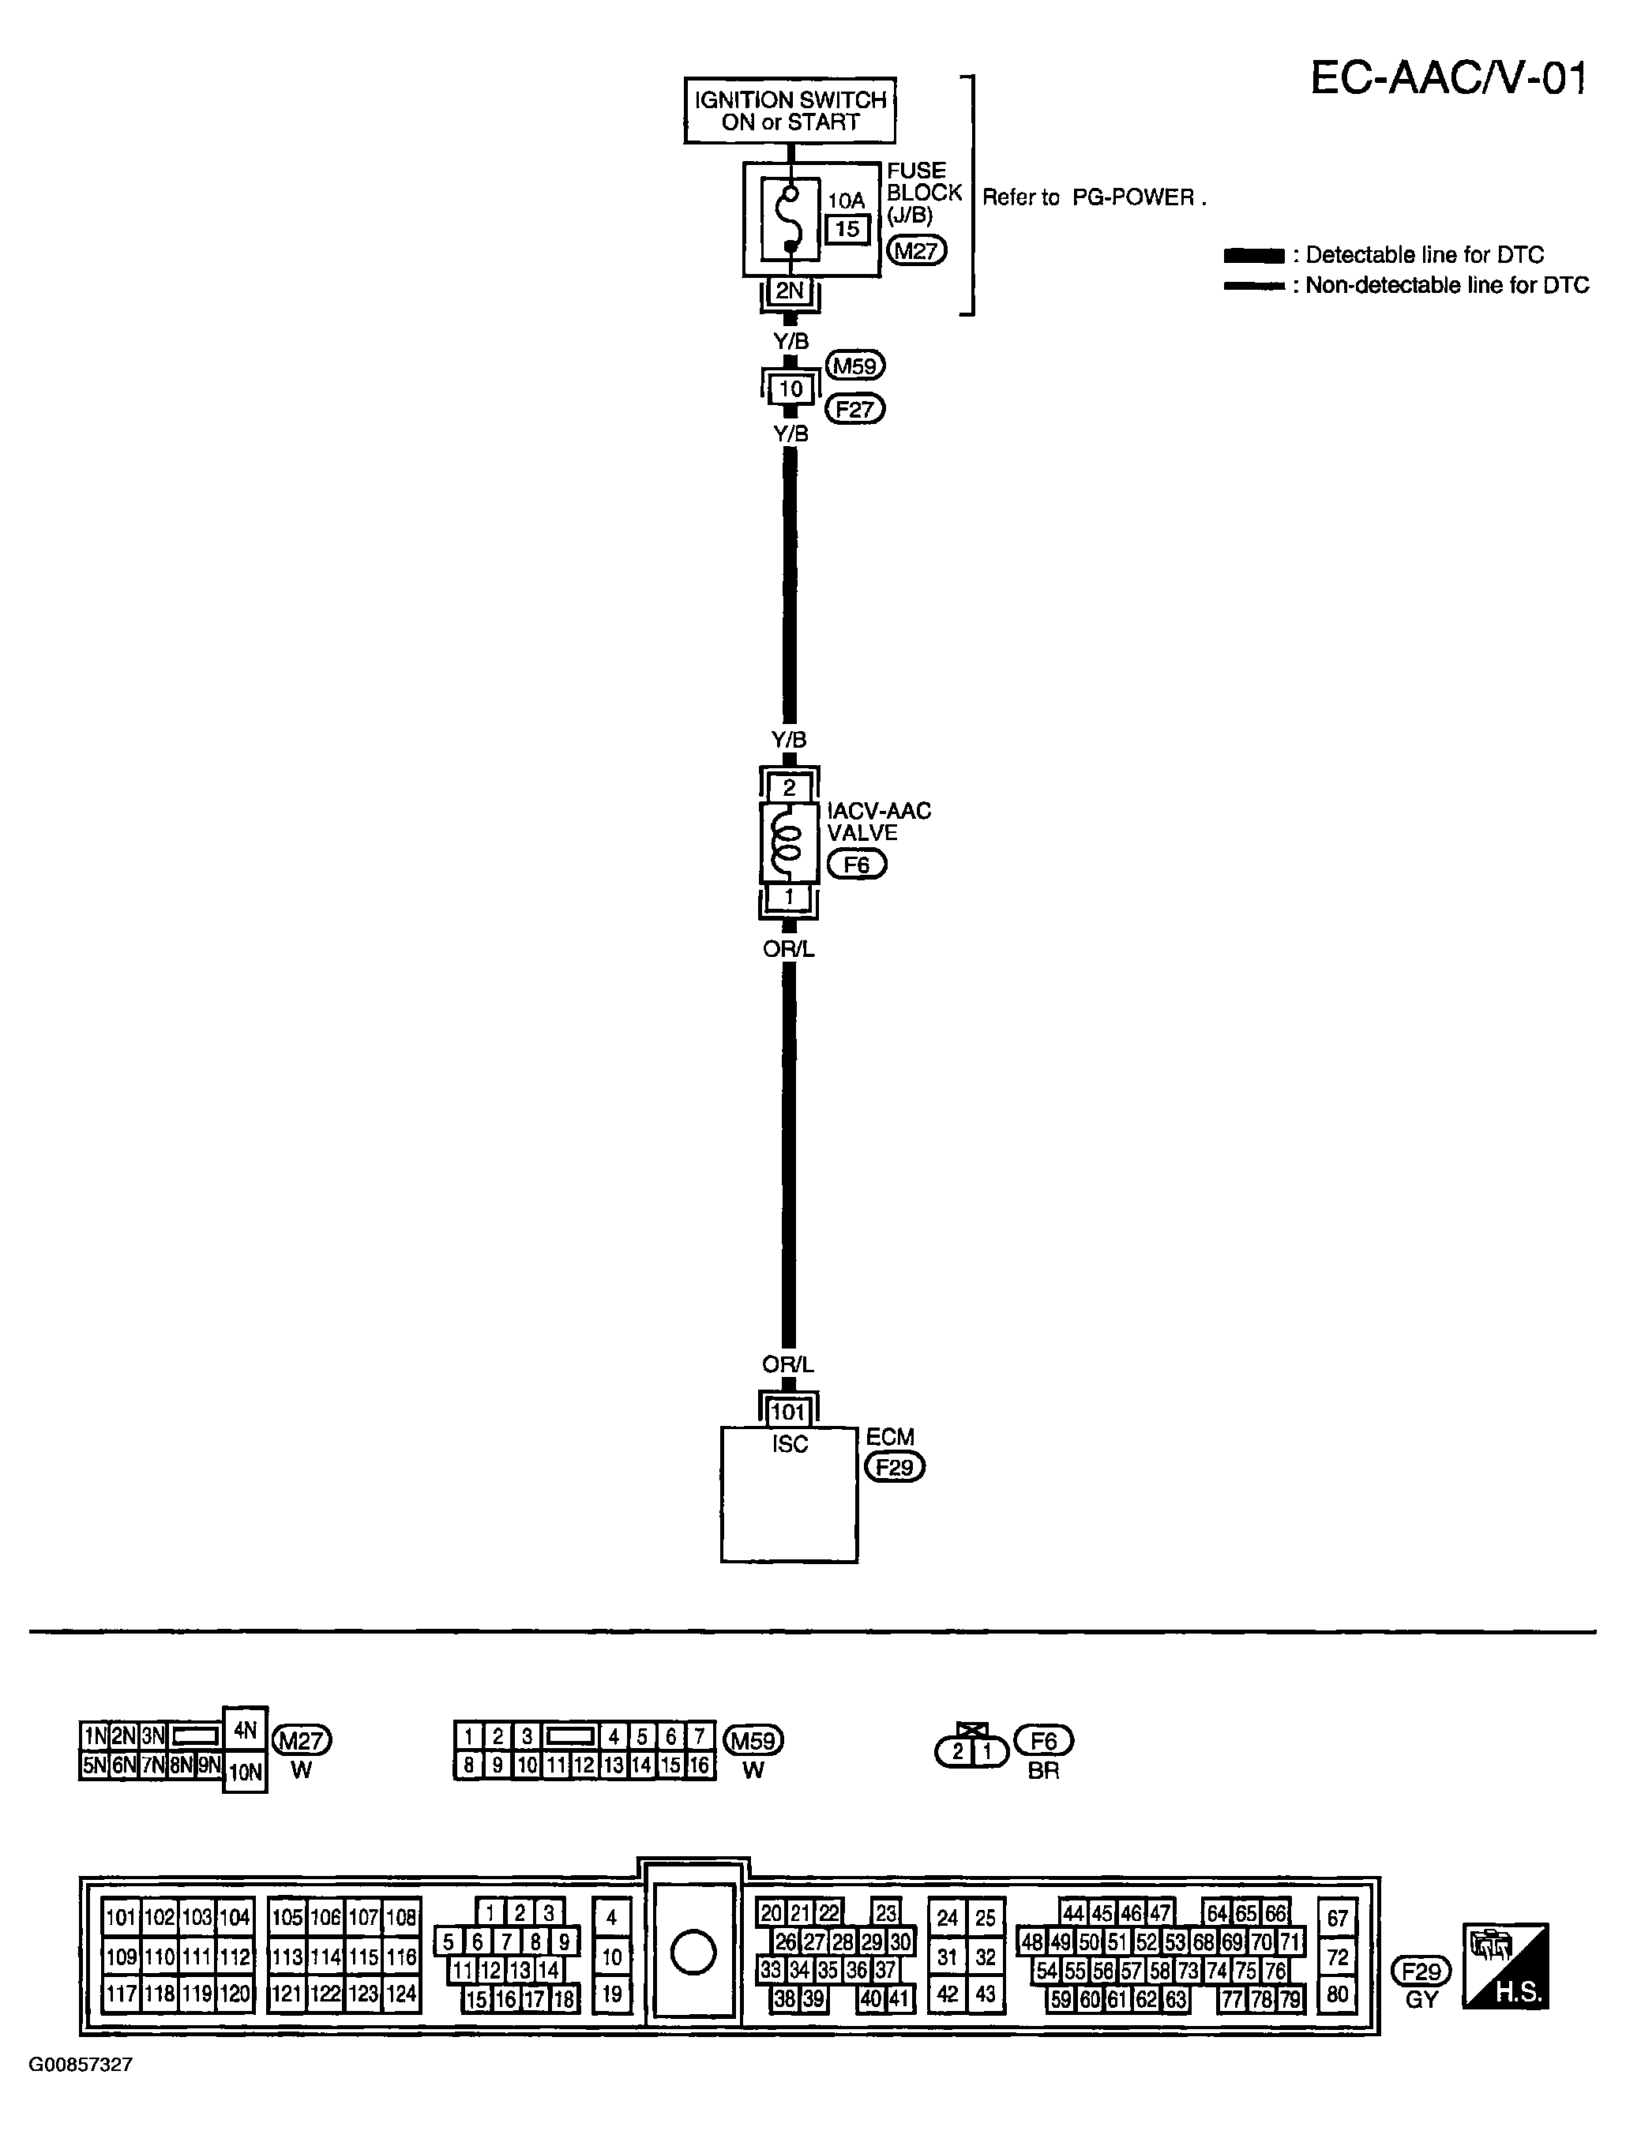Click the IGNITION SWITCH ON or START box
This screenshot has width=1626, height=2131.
790,111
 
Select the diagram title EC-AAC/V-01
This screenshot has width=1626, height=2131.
1448,78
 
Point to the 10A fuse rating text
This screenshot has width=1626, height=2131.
846,201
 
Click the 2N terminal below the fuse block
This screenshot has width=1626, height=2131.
790,291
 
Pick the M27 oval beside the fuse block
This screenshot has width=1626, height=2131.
915,250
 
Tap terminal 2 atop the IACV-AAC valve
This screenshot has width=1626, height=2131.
789,788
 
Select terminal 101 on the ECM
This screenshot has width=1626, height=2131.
789,1412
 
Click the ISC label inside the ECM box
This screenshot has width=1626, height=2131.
790,1444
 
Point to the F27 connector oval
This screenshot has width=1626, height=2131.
854,409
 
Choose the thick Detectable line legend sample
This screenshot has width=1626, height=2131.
1253,256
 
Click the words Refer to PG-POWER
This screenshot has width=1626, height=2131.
1094,197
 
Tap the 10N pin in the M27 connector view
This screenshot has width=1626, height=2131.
245,1772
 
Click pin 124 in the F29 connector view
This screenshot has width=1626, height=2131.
400,1994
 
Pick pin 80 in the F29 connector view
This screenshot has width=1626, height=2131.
1337,1994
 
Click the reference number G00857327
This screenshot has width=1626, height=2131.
81,2064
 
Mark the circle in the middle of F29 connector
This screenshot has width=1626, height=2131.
693,1951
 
